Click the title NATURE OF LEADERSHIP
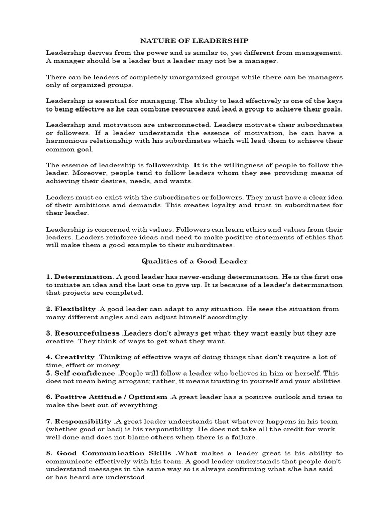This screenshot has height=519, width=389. [x=194, y=40]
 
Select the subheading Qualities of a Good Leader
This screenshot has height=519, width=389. [x=194, y=261]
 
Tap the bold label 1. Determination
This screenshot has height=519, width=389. [x=79, y=277]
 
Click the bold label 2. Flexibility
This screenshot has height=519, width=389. [x=71, y=309]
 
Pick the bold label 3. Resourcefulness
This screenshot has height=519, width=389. [x=83, y=333]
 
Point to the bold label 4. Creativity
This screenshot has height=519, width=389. [x=70, y=357]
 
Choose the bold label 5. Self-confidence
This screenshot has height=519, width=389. [x=81, y=373]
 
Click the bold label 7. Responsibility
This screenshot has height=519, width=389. [x=79, y=421]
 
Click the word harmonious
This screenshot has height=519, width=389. [x=66, y=141]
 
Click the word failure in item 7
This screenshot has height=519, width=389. [x=243, y=437]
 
